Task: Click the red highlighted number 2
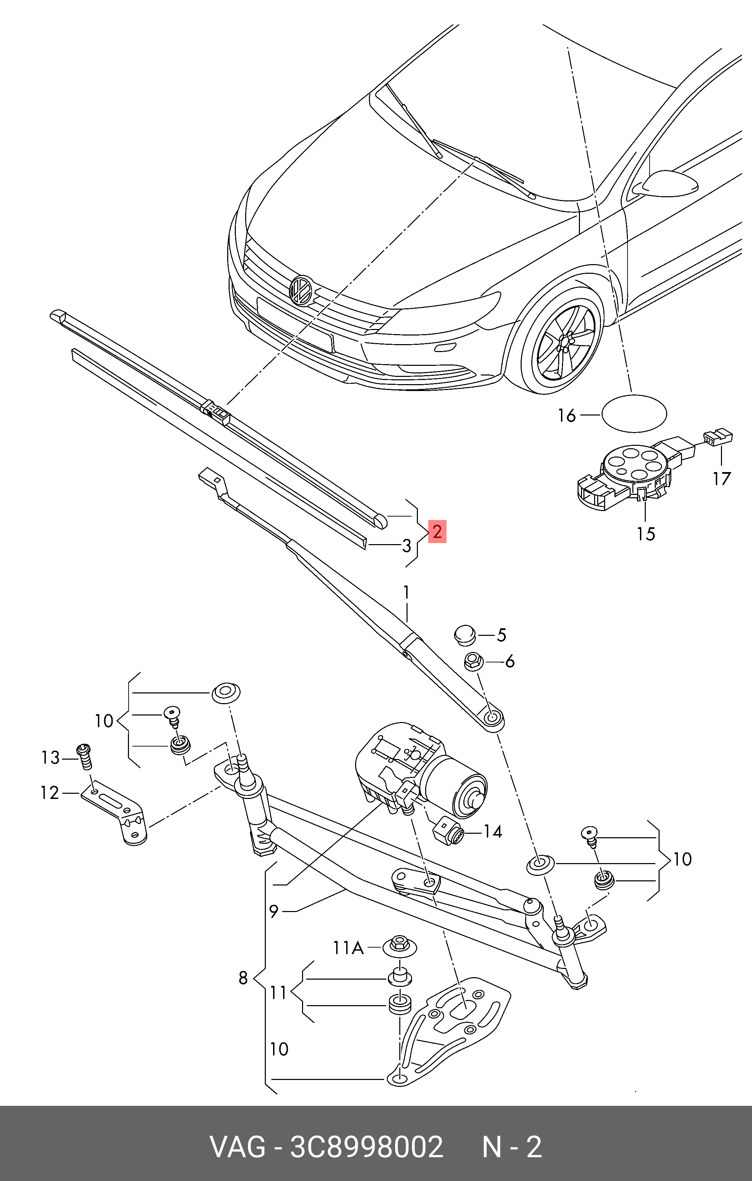(437, 532)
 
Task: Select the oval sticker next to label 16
(634, 413)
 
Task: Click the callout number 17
(722, 478)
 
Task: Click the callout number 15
(646, 534)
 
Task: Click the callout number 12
(50, 793)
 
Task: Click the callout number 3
(406, 546)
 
